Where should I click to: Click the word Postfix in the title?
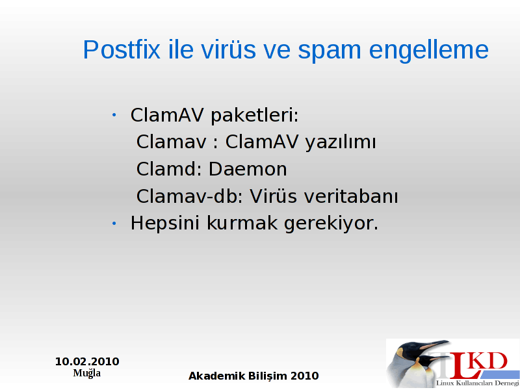point(122,50)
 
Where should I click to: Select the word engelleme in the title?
point(428,51)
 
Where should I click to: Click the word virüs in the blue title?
point(228,50)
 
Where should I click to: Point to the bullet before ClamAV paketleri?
point(114,115)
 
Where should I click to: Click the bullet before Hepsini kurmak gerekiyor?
point(114,224)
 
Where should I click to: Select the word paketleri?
point(255,116)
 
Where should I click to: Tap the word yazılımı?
point(341,143)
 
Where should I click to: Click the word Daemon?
point(248,169)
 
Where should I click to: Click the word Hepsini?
point(165,224)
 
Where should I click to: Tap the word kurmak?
point(242,223)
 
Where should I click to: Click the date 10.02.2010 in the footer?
point(87,361)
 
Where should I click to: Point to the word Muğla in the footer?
point(87,373)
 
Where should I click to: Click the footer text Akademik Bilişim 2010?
point(253,376)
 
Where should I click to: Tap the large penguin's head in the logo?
point(417,349)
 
